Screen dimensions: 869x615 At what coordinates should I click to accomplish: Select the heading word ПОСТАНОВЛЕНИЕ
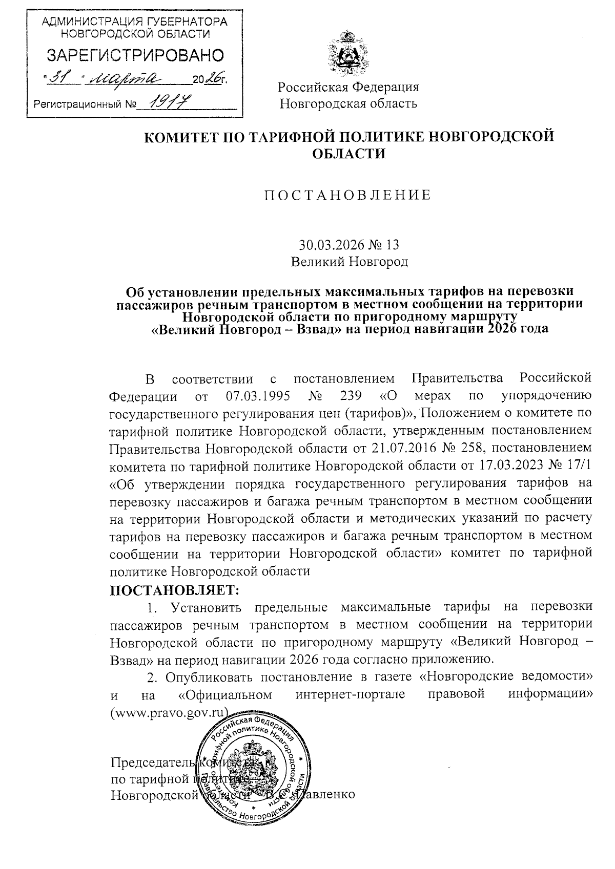click(347, 195)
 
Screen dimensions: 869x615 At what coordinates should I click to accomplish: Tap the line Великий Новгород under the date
click(349, 262)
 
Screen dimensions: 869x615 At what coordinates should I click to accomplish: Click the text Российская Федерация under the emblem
click(348, 87)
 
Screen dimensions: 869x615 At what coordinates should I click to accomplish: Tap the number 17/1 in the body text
click(578, 465)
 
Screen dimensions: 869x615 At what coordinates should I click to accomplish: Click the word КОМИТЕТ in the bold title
click(184, 137)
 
